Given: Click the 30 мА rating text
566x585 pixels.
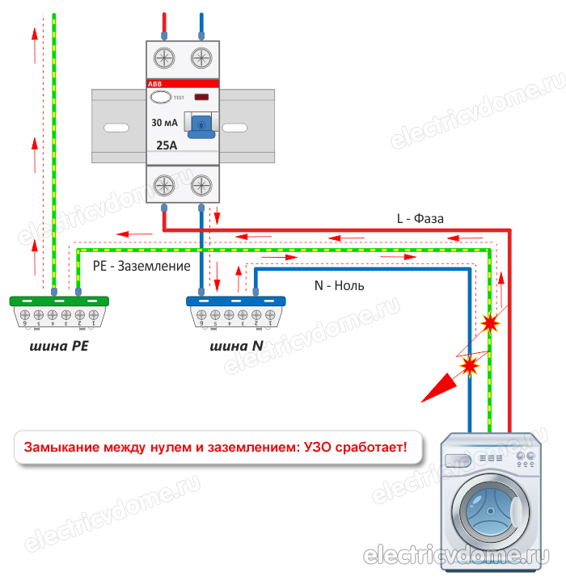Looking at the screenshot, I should (x=165, y=123).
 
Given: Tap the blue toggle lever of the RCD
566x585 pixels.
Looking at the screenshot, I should (x=200, y=124).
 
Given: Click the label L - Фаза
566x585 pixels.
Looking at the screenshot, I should (x=420, y=218).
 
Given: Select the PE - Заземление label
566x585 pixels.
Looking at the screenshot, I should (x=141, y=265).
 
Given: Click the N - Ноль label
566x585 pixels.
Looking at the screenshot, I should (x=340, y=285).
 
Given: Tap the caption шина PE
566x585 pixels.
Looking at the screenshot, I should (x=58, y=347).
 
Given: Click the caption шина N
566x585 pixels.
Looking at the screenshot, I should (x=235, y=347).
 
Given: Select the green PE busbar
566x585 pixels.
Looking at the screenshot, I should (x=58, y=301).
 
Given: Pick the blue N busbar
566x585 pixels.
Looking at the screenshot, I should (x=235, y=301).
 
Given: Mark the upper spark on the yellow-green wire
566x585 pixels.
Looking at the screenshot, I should (x=489, y=323).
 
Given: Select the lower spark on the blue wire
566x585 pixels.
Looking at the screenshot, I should (x=469, y=366).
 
